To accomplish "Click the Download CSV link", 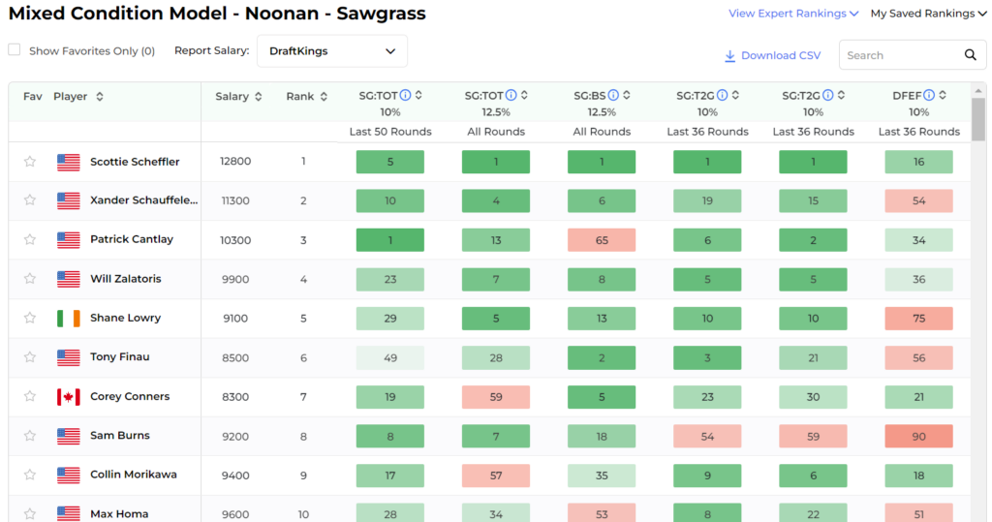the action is pyautogui.click(x=772, y=55).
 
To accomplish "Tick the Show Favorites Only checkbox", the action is pyautogui.click(x=15, y=50).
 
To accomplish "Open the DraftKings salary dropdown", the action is pyautogui.click(x=331, y=51).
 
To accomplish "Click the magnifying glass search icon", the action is pyautogui.click(x=970, y=55).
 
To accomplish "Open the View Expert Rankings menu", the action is pyautogui.click(x=793, y=14).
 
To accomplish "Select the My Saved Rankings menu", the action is pyautogui.click(x=928, y=14).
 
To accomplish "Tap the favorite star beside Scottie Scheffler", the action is pyautogui.click(x=30, y=162).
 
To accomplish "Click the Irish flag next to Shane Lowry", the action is pyautogui.click(x=69, y=318).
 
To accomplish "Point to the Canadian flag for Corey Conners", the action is pyautogui.click(x=69, y=397).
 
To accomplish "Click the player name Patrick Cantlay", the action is pyautogui.click(x=132, y=239).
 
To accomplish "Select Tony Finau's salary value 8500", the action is pyautogui.click(x=235, y=357).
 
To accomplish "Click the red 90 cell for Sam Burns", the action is pyautogui.click(x=918, y=436).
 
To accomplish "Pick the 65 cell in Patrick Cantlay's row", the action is pyautogui.click(x=602, y=240).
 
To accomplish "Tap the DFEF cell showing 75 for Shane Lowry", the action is pyautogui.click(x=918, y=319).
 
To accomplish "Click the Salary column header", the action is pyautogui.click(x=238, y=96).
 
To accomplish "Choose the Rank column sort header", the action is pyautogui.click(x=306, y=96).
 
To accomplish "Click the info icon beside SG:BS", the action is pyautogui.click(x=613, y=95).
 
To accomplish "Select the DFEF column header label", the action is pyautogui.click(x=907, y=96).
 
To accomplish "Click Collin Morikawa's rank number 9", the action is pyautogui.click(x=303, y=476).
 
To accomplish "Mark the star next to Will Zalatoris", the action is pyautogui.click(x=30, y=278).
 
